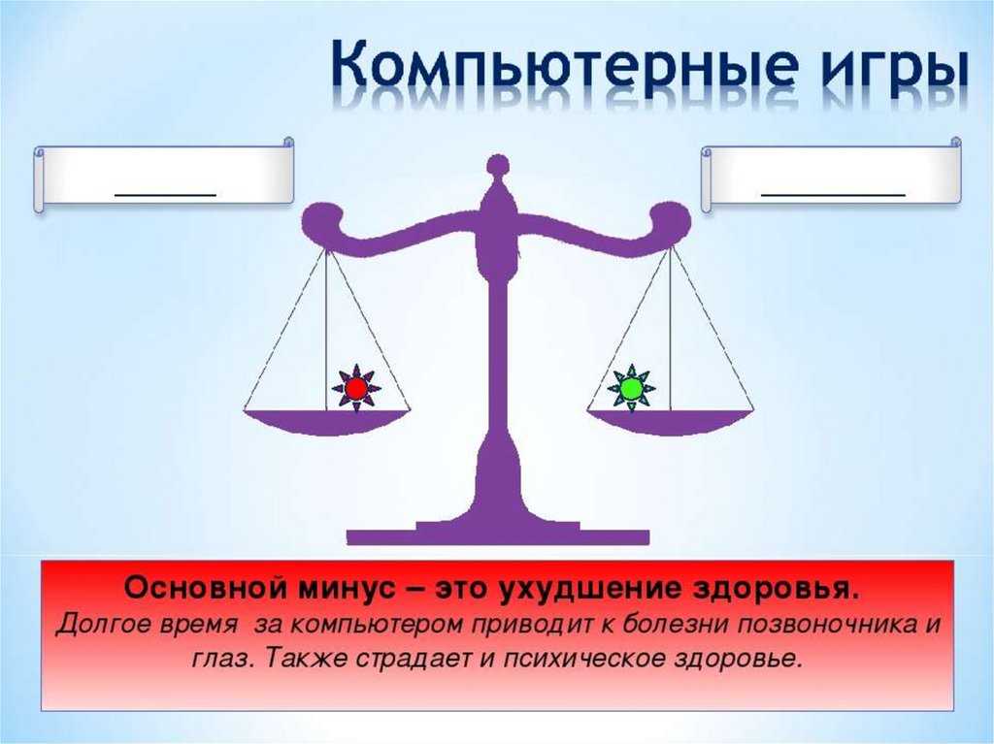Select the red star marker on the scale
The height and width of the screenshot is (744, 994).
[x=355, y=390]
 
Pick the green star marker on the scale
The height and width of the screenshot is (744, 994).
[x=632, y=390]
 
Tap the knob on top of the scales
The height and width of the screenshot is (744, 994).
[x=498, y=164]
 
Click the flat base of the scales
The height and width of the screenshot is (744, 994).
[x=498, y=536]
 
